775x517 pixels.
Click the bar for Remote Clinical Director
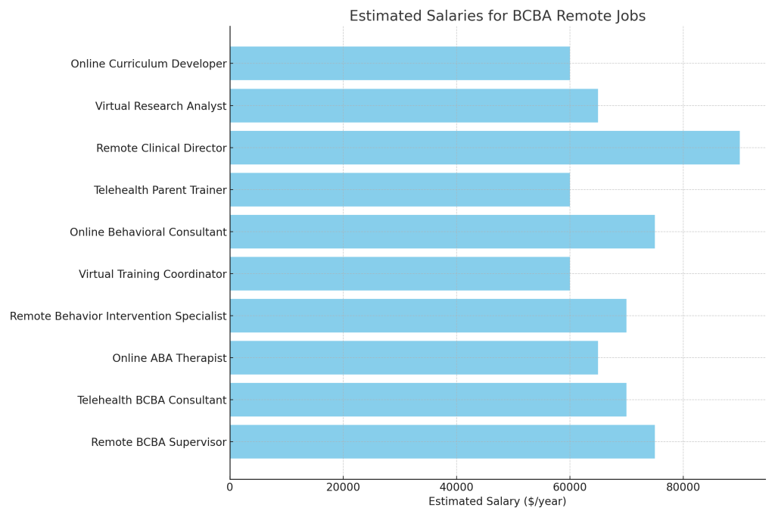click(484, 148)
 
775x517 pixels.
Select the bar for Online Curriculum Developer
click(400, 64)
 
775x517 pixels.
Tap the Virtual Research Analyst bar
click(414, 106)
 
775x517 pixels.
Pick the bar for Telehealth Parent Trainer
click(400, 190)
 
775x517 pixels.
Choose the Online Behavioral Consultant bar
click(442, 232)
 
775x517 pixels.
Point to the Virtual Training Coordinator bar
click(400, 274)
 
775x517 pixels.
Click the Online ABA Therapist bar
click(414, 358)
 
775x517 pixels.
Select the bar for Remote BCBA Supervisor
click(442, 442)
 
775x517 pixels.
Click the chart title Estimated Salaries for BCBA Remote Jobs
click(497, 16)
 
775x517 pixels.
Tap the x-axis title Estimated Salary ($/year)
click(497, 501)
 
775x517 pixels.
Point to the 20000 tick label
click(343, 487)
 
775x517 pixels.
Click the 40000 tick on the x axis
click(456, 487)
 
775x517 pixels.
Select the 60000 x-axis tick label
click(570, 487)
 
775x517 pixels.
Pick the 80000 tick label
click(683, 487)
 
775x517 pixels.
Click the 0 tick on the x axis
click(230, 487)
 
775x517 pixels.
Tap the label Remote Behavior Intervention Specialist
click(118, 316)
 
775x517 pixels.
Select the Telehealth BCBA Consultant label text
click(151, 400)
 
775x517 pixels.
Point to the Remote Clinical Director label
click(161, 148)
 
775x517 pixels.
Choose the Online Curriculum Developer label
click(148, 64)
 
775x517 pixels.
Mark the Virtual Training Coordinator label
click(152, 274)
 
